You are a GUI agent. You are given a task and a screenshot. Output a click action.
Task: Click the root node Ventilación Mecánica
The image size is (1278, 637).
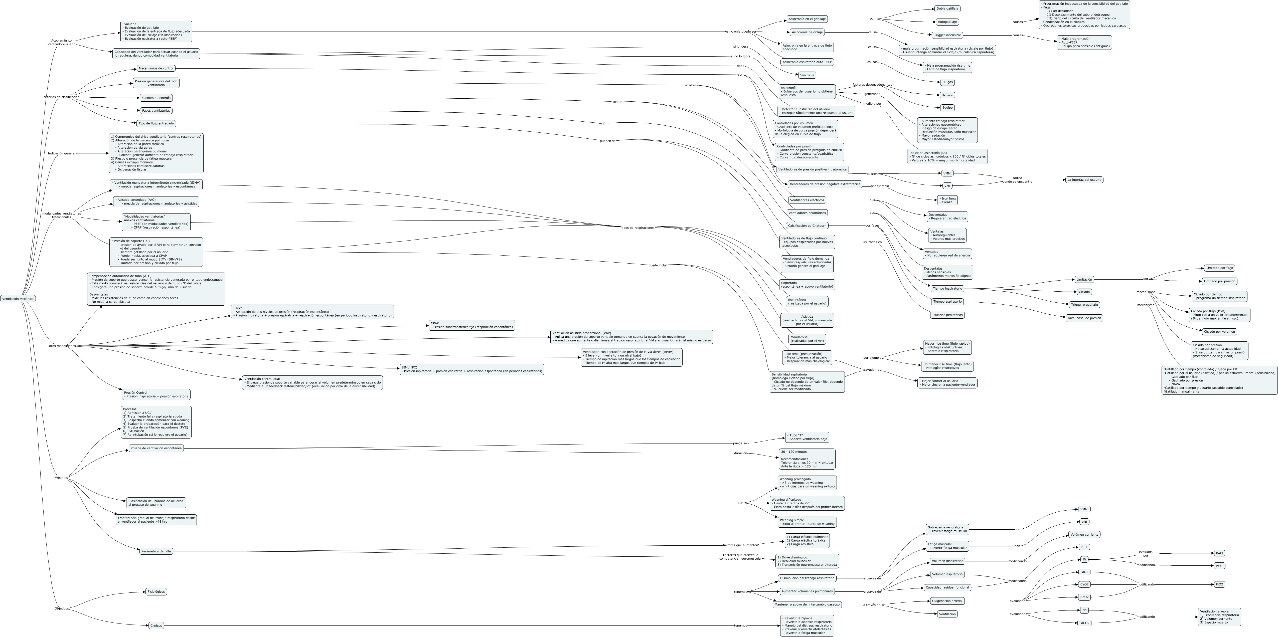(x=18, y=299)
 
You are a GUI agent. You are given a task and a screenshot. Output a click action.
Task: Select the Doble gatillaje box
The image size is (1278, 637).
(x=947, y=9)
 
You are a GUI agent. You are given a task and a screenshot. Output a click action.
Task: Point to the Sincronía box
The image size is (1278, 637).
(x=807, y=75)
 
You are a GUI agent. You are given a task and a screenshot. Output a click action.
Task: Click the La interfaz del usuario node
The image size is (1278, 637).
(x=1084, y=180)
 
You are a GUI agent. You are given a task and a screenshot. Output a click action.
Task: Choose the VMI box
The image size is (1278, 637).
(x=947, y=186)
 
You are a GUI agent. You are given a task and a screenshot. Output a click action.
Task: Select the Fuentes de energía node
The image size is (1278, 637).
(x=156, y=98)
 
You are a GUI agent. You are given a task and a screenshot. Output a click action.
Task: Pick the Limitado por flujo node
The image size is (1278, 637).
(x=1219, y=268)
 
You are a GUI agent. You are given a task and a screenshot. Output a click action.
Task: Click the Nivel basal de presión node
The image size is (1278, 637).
(x=1084, y=318)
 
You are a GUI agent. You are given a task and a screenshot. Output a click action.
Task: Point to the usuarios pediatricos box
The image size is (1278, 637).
(x=947, y=315)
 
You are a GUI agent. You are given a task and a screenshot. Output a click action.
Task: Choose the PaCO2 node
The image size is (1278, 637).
(x=1084, y=623)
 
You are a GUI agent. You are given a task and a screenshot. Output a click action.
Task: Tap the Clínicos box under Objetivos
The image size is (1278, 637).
(x=156, y=625)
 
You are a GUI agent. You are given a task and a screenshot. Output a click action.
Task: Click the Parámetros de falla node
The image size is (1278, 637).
(x=156, y=551)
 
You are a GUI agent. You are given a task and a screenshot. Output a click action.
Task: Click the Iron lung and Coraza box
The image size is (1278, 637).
(x=947, y=200)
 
